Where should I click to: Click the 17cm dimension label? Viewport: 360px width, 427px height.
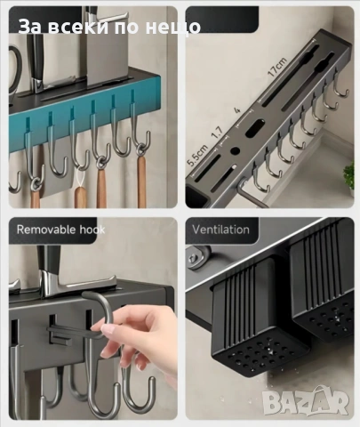[x=277, y=68]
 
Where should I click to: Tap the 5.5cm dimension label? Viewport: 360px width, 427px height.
[x=197, y=155]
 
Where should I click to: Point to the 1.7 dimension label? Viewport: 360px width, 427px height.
[x=217, y=133]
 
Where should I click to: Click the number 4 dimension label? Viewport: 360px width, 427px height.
[x=237, y=110]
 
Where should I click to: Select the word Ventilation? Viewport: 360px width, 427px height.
[x=220, y=230]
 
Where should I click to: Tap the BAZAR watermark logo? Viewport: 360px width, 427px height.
[x=306, y=401]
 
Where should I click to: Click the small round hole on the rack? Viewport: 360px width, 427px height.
[x=235, y=150]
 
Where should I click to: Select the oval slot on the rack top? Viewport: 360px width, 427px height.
[x=255, y=127]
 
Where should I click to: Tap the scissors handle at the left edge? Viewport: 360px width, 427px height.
[x=15, y=69]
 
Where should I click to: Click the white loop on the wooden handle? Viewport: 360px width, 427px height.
[x=80, y=178]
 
